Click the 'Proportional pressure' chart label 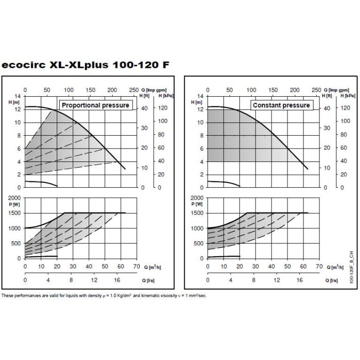pyautogui.click(x=95, y=105)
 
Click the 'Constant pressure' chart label pyautogui.click(x=281, y=105)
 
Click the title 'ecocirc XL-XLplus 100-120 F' pyautogui.click(x=85, y=65)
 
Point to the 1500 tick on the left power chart pyautogui.click(x=16, y=212)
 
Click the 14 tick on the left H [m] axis pyautogui.click(x=19, y=96)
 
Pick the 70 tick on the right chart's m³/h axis pyautogui.click(x=319, y=266)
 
